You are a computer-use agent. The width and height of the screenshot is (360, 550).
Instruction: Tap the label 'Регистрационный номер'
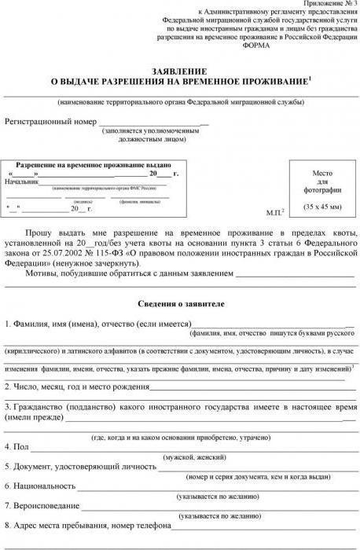tap(50, 123)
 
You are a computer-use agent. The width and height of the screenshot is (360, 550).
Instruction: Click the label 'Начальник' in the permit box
tap(21, 181)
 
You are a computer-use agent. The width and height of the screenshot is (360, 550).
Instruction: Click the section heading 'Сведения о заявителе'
tap(180, 302)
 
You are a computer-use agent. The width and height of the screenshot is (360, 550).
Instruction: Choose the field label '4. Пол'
tap(17, 446)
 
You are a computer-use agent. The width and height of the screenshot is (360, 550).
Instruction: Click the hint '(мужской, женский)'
tap(196, 456)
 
